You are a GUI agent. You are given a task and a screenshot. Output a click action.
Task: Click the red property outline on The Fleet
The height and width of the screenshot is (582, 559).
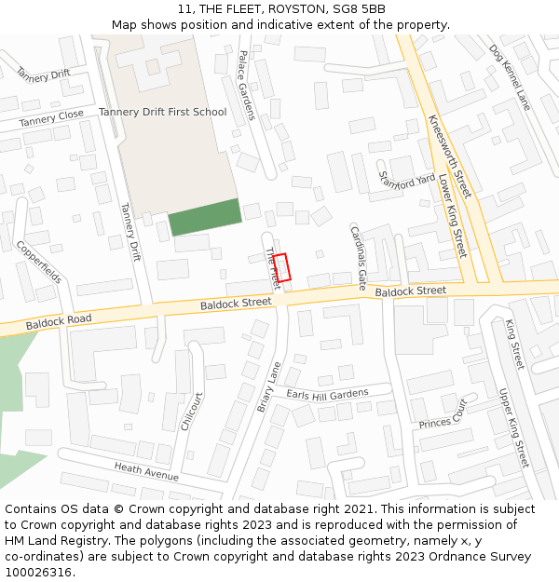(282, 267)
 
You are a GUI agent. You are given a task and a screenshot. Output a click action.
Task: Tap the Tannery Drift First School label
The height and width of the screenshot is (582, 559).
(163, 113)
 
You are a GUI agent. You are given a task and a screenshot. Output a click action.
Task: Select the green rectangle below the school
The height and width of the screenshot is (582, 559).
(205, 218)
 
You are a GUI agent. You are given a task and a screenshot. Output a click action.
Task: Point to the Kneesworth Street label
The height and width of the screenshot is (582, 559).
(450, 156)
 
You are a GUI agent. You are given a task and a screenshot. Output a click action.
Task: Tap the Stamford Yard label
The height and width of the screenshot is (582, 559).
(407, 178)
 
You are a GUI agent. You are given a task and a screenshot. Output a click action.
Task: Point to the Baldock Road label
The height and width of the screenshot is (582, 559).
(59, 320)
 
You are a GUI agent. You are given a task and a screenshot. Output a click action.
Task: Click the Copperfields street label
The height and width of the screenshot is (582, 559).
(39, 263)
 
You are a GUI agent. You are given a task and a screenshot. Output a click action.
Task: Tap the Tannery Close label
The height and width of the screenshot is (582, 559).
(51, 117)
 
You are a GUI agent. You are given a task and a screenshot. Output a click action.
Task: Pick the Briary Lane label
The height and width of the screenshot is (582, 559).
(269, 387)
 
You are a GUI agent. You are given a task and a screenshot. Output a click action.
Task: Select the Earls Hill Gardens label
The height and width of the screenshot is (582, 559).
(328, 395)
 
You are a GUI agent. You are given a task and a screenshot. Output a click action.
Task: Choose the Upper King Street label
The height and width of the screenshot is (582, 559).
(513, 427)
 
